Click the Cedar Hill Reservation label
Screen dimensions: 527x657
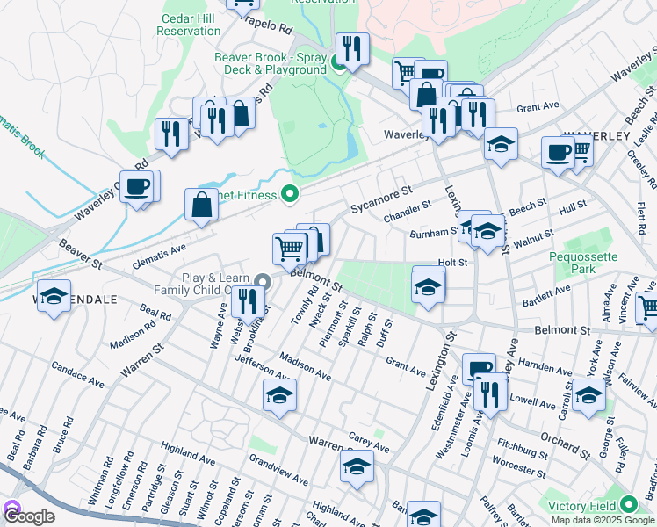[x=188, y=24]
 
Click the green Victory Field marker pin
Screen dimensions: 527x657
[x=629, y=506]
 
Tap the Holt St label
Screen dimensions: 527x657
[x=452, y=261]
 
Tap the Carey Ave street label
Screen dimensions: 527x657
[x=369, y=441]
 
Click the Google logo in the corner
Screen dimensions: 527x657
[x=28, y=516]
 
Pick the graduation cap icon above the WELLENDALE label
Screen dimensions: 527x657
[x=54, y=294]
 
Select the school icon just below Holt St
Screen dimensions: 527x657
[x=427, y=286]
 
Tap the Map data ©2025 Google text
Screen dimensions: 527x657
[x=603, y=520]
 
